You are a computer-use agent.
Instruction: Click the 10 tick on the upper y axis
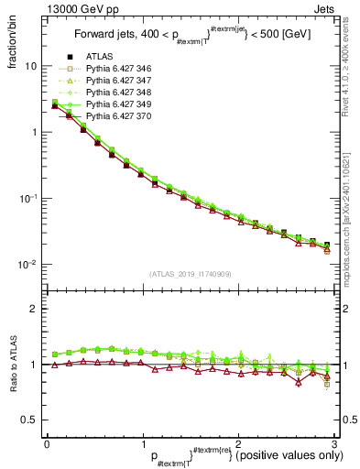click(x=31, y=66)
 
